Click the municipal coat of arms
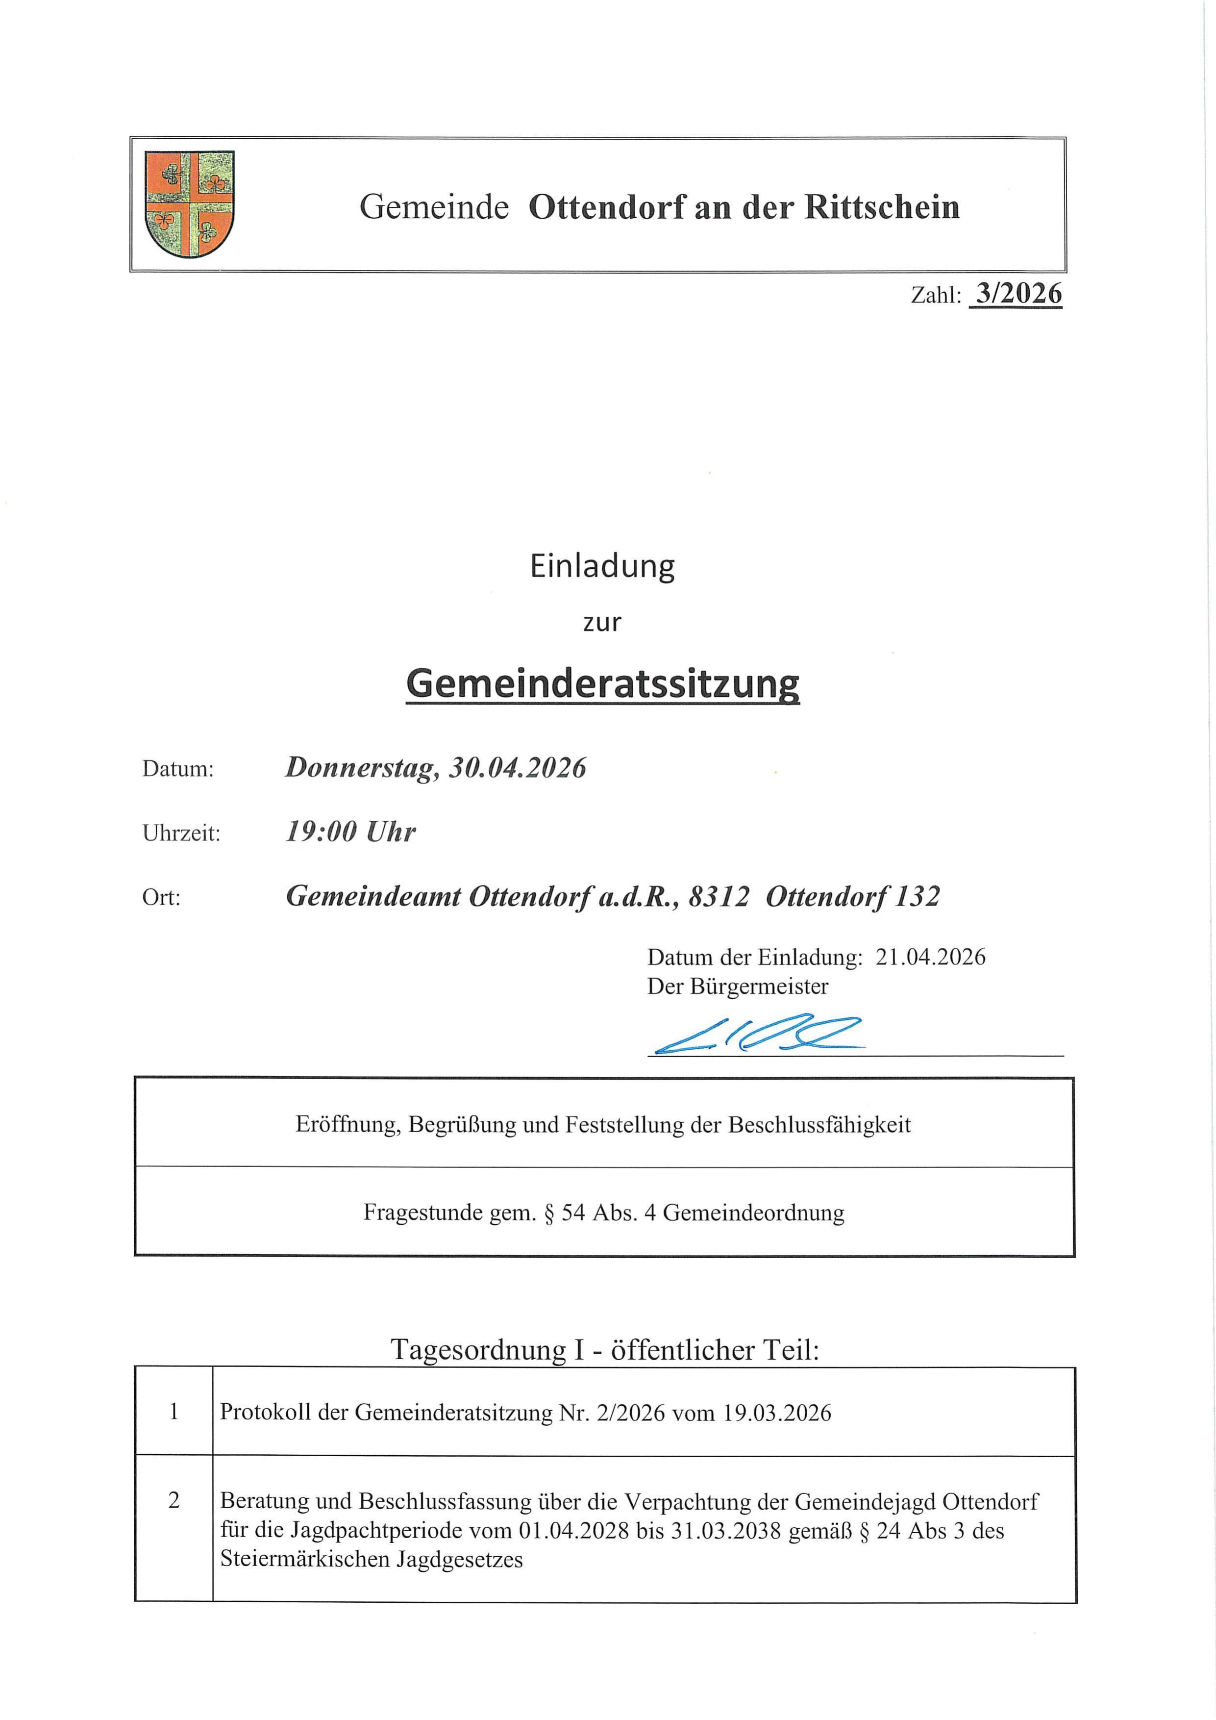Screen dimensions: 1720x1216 click(190, 204)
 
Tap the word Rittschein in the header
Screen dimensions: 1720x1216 click(882, 207)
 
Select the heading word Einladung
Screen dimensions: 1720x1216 click(602, 566)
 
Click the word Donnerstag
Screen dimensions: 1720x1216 click(362, 768)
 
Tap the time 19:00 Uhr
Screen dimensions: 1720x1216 click(350, 832)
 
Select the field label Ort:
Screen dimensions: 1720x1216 click(161, 897)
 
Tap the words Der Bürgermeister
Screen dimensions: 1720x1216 click(738, 986)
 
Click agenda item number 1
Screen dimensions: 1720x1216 click(174, 1412)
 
